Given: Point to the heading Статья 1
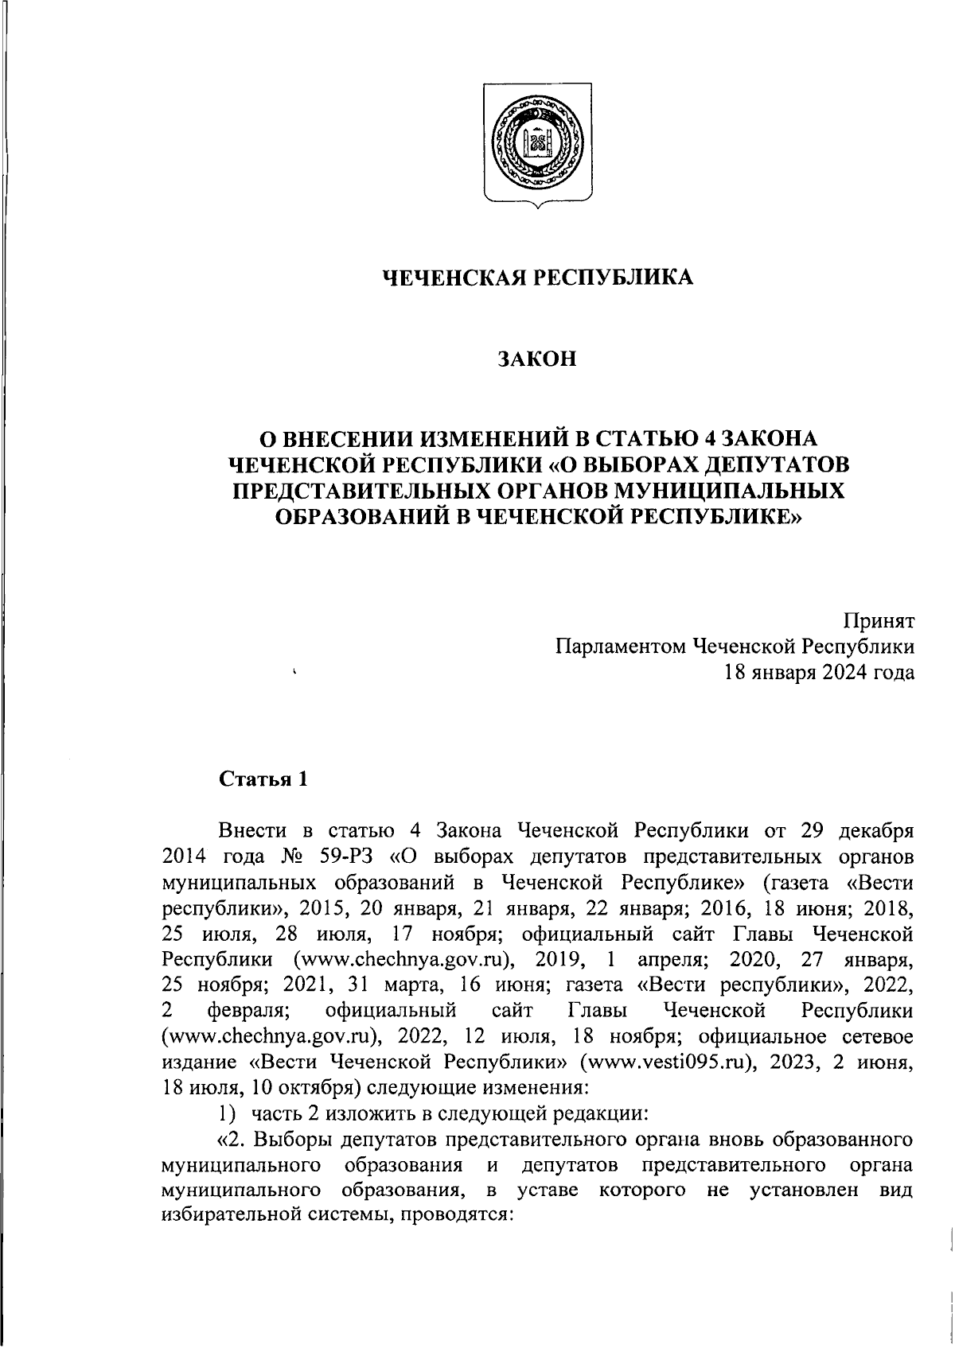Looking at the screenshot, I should pos(263,779).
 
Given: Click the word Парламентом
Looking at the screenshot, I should pos(620,647).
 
